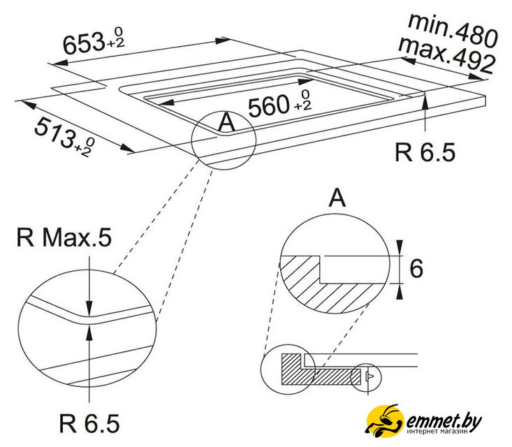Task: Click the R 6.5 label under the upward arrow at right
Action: (425, 152)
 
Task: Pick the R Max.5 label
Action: (64, 237)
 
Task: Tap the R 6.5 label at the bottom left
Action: (89, 423)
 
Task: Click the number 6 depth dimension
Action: (416, 268)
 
